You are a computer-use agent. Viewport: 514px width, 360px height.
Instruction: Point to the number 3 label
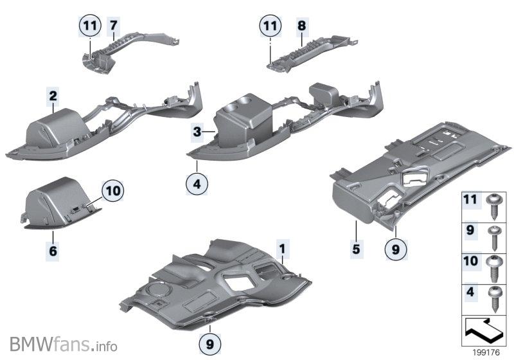coord(200,132)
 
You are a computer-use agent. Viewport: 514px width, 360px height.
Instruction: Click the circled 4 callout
coord(198,184)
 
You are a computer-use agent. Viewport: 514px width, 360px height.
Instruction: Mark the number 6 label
coord(53,251)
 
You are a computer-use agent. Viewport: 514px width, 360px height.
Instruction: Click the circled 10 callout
coord(112,190)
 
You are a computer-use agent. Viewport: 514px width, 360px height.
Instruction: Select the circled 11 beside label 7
coord(91,26)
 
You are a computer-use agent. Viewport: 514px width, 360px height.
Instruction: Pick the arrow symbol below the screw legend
coord(484,331)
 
